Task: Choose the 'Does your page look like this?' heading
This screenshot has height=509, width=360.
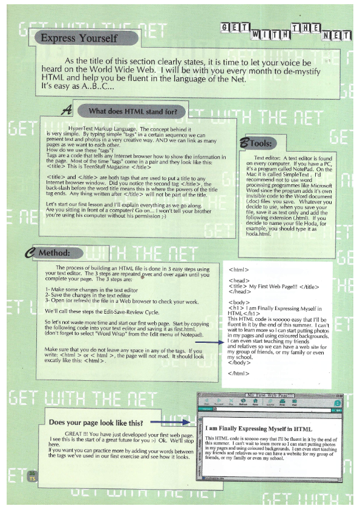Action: (96, 423)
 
